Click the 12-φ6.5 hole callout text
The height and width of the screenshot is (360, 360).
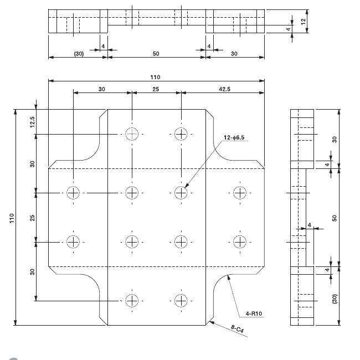coord(236,137)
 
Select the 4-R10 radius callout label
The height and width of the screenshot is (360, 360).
coord(253,314)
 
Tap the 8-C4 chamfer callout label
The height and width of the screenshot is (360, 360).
coord(239,330)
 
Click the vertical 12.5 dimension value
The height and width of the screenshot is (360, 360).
coord(33,122)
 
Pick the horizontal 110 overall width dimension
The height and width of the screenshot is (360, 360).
coord(156,77)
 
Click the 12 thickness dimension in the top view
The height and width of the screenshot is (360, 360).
coord(303,21)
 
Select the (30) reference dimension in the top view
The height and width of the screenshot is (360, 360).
coord(78,54)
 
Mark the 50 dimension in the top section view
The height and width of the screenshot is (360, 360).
coord(156,54)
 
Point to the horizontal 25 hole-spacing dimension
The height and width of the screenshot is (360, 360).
coord(156,89)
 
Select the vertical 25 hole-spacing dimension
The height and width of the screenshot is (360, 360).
coord(33,217)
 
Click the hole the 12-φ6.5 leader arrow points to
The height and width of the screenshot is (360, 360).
coord(181,193)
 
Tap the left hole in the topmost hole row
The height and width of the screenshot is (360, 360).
coord(132,134)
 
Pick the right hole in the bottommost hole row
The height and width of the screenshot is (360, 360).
coord(181,301)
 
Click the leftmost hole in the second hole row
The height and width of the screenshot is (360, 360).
coord(73,193)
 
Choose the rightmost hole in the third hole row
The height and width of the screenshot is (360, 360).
coord(239,241)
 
